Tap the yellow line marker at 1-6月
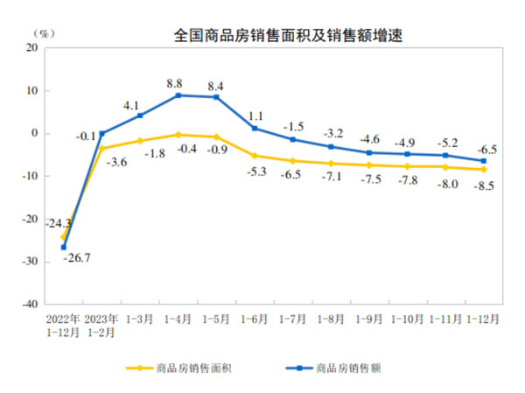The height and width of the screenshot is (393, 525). click(254, 156)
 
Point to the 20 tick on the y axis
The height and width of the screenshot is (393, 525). click(31, 48)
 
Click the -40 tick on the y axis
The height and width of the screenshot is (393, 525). click(28, 305)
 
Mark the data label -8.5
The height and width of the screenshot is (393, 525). click(484, 186)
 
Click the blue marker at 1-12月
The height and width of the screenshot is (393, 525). click(484, 161)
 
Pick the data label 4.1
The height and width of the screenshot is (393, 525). click(131, 106)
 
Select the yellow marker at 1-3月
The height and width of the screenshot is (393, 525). click(139, 141)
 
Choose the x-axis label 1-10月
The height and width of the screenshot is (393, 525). click(407, 319)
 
